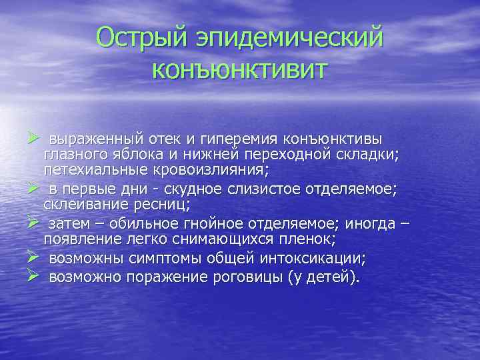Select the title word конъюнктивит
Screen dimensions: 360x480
[x=240, y=68]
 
